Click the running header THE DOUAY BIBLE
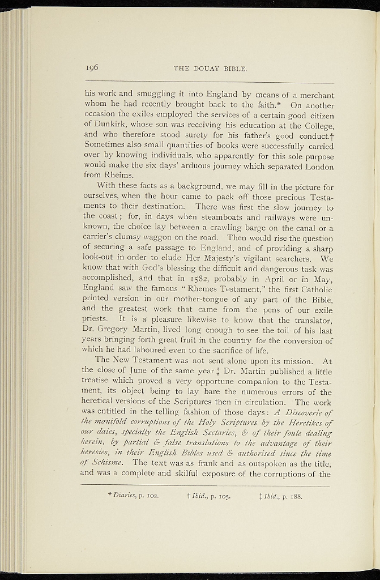(211, 69)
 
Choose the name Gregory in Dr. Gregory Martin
(121, 330)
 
